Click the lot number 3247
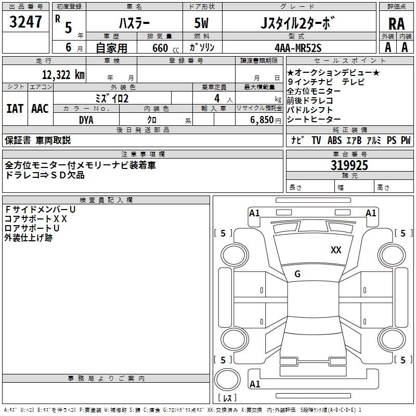pos(25,22)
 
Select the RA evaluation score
pos(397,24)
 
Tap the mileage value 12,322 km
pos(63,74)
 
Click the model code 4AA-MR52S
pos(298,48)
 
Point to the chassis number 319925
pos(349,165)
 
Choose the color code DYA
pos(86,120)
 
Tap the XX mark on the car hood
pos(336,250)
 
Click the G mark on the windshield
pos(297,274)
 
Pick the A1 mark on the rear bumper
pos(255,384)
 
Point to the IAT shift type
pos(15,109)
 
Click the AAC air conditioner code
pos(40,109)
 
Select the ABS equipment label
pos(334,140)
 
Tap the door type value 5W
pos(201,23)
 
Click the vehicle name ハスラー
pos(134,23)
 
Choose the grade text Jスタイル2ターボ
pos(298,23)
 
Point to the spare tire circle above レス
pos(227,380)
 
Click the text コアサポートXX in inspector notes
pos(35,219)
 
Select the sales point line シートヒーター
pos(314,120)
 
